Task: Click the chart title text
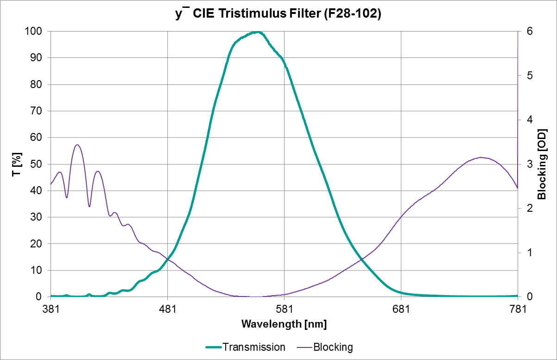[x=278, y=14]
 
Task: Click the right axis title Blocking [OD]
[x=542, y=164]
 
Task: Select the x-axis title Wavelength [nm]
[x=284, y=324]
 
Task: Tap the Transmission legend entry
[x=245, y=347]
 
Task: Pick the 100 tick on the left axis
[x=35, y=32]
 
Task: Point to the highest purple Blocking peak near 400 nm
[x=77, y=145]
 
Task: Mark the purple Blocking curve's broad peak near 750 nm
[x=481, y=158]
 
